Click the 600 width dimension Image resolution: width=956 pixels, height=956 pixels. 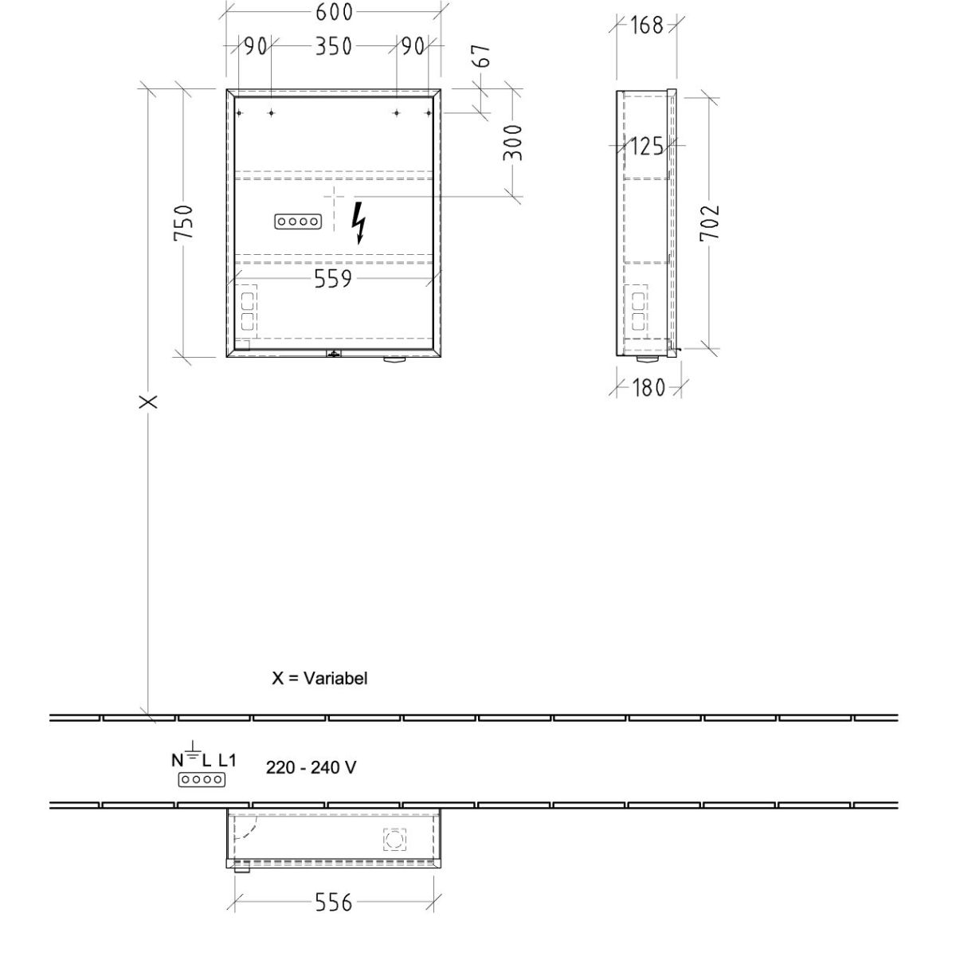(334, 13)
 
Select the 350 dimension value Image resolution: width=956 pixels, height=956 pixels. (334, 46)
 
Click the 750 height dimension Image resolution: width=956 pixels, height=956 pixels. (183, 223)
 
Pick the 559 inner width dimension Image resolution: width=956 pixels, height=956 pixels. (333, 279)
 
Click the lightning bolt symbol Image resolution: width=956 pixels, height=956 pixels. (358, 223)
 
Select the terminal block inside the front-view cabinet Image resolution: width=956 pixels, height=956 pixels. (298, 221)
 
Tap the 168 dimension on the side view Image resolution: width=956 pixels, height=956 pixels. (646, 25)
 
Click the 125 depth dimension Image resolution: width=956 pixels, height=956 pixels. (646, 147)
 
